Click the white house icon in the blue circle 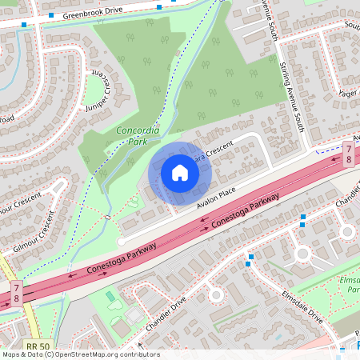[180, 172]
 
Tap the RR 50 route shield [34, 345]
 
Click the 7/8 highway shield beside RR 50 [16, 292]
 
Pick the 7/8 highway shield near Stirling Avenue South [348, 154]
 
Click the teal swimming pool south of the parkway [110, 296]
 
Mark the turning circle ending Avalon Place [122, 241]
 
